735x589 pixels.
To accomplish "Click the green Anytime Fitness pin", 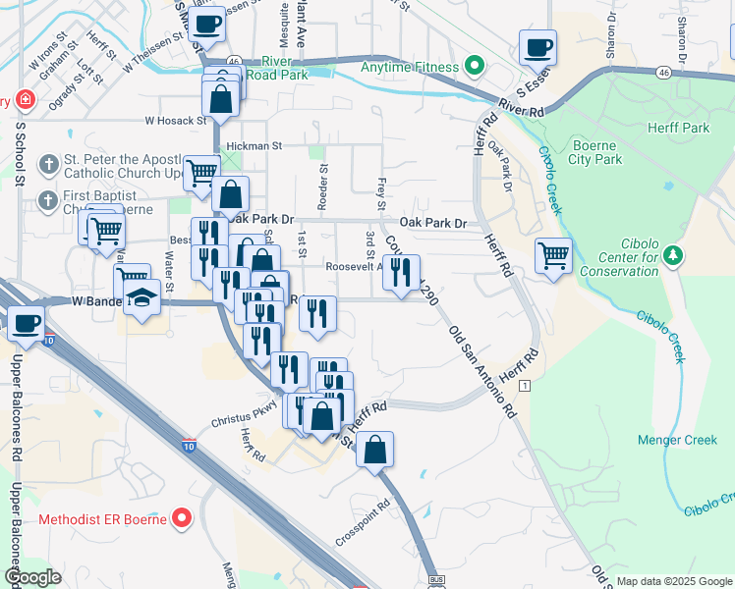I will tap(476, 67).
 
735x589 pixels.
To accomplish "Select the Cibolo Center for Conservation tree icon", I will tap(672, 256).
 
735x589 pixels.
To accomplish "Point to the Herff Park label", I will tap(678, 129).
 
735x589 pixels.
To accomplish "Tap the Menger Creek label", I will tap(677, 440).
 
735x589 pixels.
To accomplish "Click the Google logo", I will tap(33, 577).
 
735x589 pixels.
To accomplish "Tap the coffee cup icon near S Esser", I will tap(537, 46).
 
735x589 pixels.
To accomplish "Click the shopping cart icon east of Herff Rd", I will tap(553, 255).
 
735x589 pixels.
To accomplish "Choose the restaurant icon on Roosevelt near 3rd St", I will tap(401, 272).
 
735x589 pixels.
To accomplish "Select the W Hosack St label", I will tap(176, 121).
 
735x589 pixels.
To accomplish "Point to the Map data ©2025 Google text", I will tap(674, 581).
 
